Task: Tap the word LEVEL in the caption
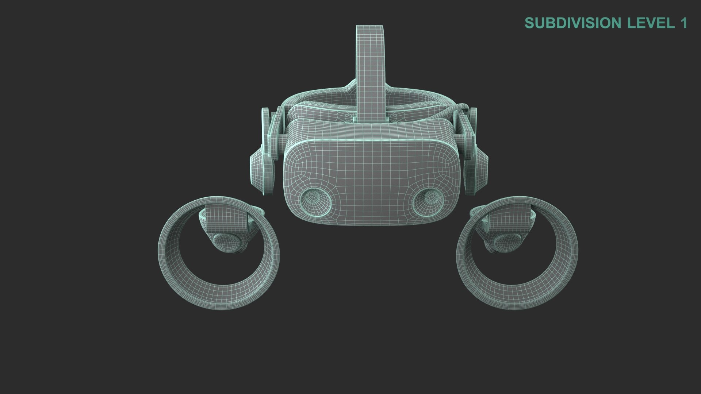(x=651, y=23)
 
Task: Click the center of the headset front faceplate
(x=371, y=171)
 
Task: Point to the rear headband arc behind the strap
(x=321, y=97)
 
